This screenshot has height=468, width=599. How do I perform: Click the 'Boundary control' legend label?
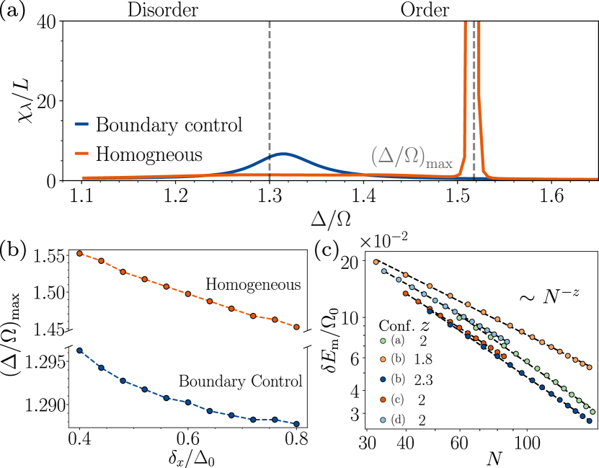(169, 125)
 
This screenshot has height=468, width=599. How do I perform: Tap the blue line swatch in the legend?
(81, 125)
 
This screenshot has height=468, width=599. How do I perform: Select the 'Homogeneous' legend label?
(149, 154)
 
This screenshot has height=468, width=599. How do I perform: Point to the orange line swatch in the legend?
(81, 154)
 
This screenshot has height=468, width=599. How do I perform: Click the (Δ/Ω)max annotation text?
(412, 157)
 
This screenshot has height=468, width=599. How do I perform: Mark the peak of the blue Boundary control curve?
(284, 154)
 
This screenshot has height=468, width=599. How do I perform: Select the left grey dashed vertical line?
(270, 87)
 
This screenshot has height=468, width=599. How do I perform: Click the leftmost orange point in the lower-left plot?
(79, 253)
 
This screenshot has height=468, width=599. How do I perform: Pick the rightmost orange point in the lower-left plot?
(296, 327)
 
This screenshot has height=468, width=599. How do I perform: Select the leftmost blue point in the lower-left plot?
(79, 350)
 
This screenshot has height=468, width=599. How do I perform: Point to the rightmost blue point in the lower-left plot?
(296, 424)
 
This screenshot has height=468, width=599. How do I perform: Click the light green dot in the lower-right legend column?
(383, 340)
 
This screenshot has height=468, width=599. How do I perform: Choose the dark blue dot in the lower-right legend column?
(383, 379)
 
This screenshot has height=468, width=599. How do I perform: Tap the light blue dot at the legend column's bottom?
(383, 420)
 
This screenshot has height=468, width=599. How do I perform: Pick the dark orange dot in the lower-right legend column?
(383, 399)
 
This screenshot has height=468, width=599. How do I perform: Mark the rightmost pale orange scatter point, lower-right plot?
(590, 367)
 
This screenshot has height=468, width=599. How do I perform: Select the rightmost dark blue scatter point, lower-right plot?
(590, 420)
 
